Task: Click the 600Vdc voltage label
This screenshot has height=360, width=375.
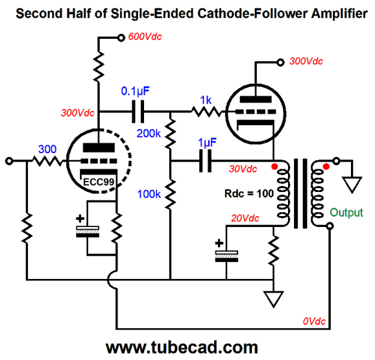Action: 145,36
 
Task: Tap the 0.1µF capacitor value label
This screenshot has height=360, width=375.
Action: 135,91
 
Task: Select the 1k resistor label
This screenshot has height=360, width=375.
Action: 206,100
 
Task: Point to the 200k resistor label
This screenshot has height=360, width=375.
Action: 149,133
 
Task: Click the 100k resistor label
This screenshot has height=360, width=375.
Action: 149,194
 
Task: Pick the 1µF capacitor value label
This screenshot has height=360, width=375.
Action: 207,143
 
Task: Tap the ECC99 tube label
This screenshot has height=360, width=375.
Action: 99,182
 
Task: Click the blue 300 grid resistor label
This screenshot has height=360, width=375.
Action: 47,149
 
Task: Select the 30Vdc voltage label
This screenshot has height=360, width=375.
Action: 243,169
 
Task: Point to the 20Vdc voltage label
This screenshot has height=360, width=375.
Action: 245,218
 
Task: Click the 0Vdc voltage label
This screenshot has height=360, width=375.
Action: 314,321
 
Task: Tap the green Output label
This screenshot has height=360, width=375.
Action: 346,213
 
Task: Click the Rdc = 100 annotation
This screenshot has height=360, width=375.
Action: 249,193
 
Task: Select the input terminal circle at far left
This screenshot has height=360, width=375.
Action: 9,161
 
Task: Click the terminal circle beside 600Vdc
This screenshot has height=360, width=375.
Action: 121,38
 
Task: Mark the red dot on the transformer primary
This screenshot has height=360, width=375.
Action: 274,166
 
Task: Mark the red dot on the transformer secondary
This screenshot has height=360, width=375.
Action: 326,166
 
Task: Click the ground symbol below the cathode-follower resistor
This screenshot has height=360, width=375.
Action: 273,299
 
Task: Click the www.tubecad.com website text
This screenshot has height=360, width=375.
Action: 182,347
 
